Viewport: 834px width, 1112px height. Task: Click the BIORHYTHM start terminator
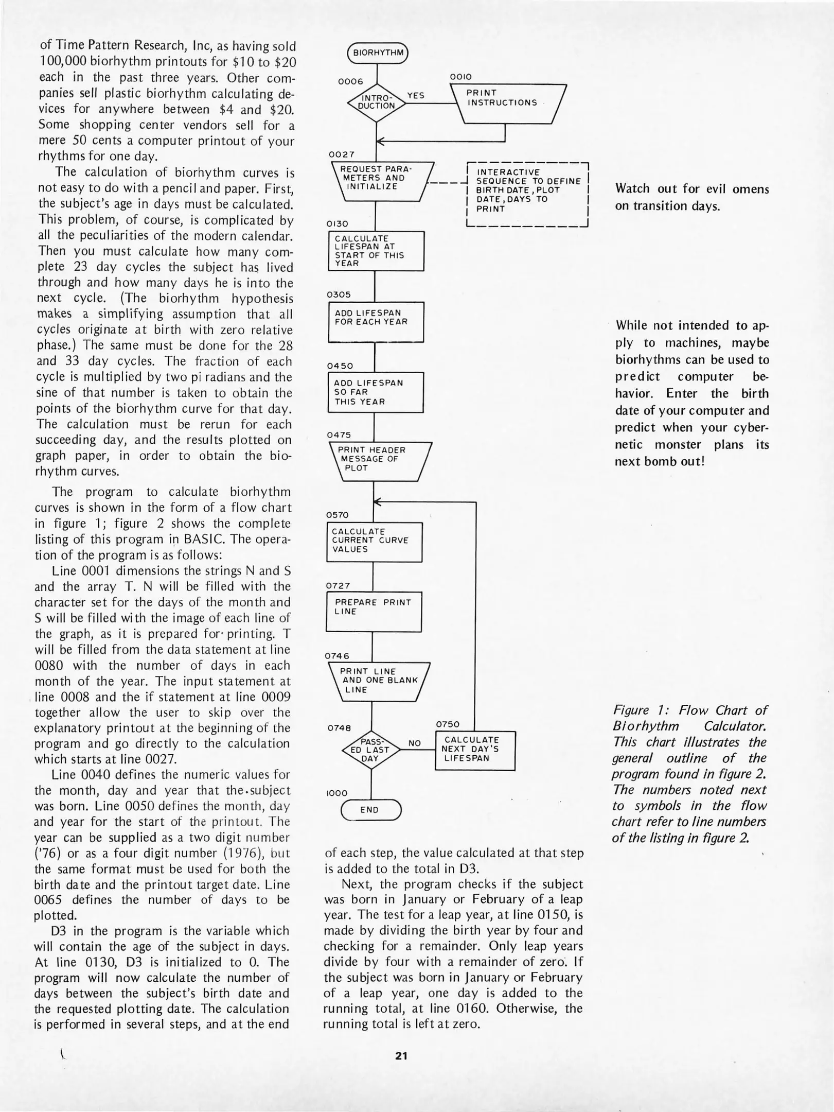pos(378,53)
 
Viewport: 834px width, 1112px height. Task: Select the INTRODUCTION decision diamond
pos(377,102)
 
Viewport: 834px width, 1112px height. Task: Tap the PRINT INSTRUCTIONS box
pos(507,102)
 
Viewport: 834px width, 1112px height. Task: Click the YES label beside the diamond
pos(416,95)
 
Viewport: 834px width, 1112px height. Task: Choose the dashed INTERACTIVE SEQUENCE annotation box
pos(527,194)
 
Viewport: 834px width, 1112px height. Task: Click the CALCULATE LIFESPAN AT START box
pos(376,251)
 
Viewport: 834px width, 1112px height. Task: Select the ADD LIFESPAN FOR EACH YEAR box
pos(376,322)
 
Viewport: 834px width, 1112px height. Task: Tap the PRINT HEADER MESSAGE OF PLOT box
pos(379,461)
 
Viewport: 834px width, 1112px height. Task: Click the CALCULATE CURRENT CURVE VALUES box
pos(375,542)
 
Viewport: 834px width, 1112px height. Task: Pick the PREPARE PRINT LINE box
pos(374,612)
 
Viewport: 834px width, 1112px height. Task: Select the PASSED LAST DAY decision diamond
pos(370,750)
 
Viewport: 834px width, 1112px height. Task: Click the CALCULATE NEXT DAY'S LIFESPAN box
pos(475,750)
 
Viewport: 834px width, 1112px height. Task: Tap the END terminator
pos(370,810)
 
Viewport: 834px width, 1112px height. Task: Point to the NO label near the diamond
pos(415,743)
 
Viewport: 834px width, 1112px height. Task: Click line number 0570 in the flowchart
pos(338,515)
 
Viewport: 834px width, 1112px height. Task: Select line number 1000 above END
pos(337,793)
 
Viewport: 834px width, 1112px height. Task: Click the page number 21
pos(401,1055)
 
